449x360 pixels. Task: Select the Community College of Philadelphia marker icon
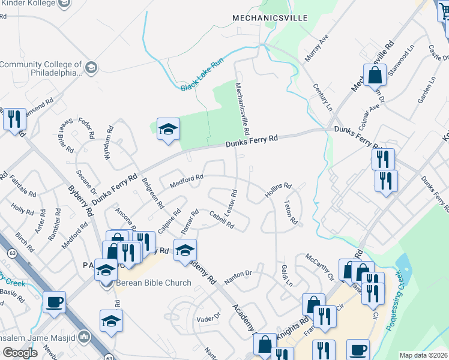[x=91, y=67]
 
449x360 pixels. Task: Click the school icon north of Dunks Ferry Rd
[x=168, y=128]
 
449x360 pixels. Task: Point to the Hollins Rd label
[x=278, y=190]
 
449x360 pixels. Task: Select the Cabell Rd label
[x=221, y=220]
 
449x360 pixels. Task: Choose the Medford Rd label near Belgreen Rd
[x=187, y=181]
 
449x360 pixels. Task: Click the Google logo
[x=20, y=352]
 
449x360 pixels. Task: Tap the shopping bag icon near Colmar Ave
[x=375, y=76]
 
